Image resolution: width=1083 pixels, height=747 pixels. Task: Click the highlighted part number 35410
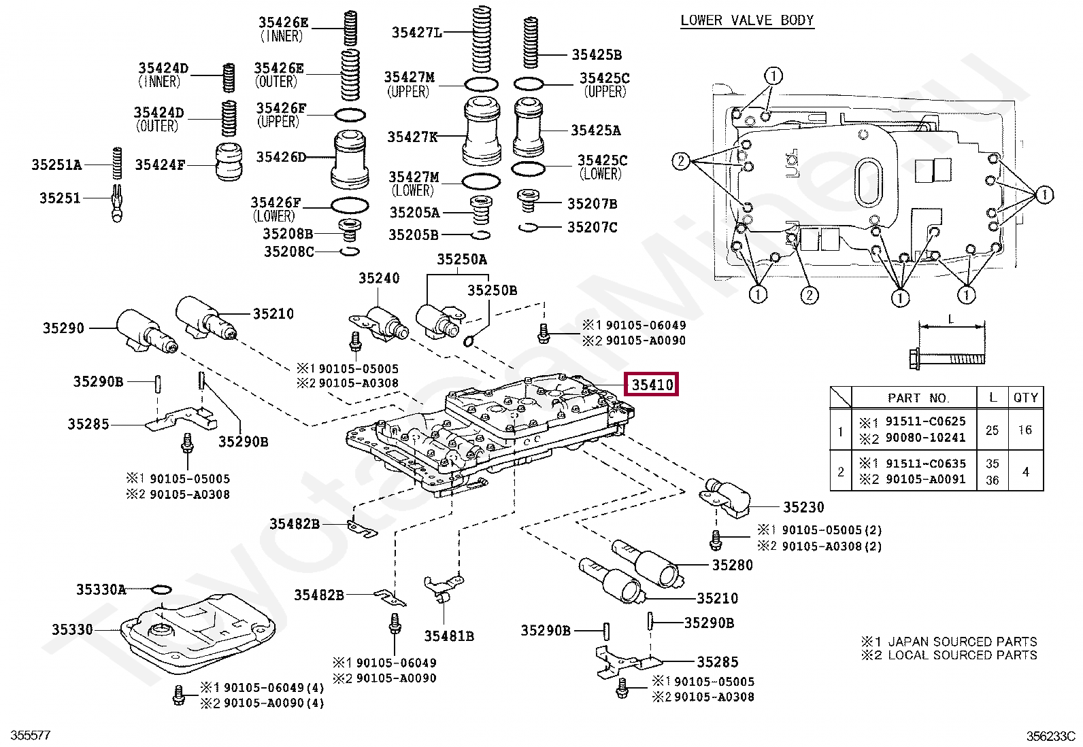pyautogui.click(x=652, y=385)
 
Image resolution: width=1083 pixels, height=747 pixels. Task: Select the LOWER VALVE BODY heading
pyautogui.click(x=747, y=20)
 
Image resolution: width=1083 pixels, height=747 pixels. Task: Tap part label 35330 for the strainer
pyautogui.click(x=71, y=629)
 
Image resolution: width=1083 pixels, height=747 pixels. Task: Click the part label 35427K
pyautogui.click(x=412, y=137)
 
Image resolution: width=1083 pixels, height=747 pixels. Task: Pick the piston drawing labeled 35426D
pyautogui.click(x=351, y=160)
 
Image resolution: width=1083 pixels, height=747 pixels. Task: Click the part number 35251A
pyautogui.click(x=56, y=164)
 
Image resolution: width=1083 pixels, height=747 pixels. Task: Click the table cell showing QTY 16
pyautogui.click(x=1025, y=430)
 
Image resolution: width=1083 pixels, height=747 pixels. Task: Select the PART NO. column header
pyautogui.click(x=918, y=398)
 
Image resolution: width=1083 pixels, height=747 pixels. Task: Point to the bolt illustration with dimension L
pyautogui.click(x=947, y=356)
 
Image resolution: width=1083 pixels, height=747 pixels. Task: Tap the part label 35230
pyautogui.click(x=803, y=507)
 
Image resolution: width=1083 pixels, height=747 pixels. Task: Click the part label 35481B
pyautogui.click(x=449, y=636)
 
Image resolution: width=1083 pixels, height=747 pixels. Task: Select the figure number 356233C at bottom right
pyautogui.click(x=1050, y=735)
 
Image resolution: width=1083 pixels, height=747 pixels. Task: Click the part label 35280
pyautogui.click(x=733, y=565)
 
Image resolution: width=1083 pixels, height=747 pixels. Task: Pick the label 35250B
pyautogui.click(x=492, y=290)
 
